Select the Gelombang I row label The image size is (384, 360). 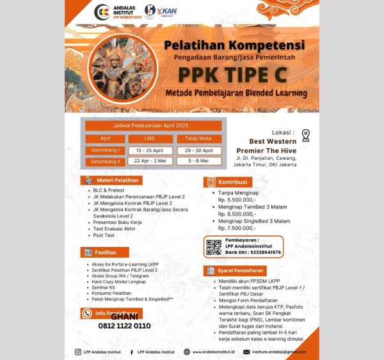click(x=104, y=150)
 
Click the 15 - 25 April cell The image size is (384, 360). click(x=150, y=150)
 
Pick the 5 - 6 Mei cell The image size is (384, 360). click(x=199, y=162)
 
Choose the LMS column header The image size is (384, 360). click(x=150, y=139)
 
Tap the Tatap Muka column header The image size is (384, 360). click(x=199, y=139)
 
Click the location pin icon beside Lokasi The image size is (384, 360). click(x=305, y=134)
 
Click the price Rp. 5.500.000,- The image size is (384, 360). click(x=237, y=200)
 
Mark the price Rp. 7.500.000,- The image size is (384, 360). click(x=237, y=228)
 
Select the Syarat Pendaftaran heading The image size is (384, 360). click(x=236, y=270)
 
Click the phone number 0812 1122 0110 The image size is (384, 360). click(x=124, y=325)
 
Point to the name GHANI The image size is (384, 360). click(x=124, y=317)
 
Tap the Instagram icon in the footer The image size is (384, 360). click(x=77, y=352)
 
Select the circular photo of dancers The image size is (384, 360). click(x=123, y=69)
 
